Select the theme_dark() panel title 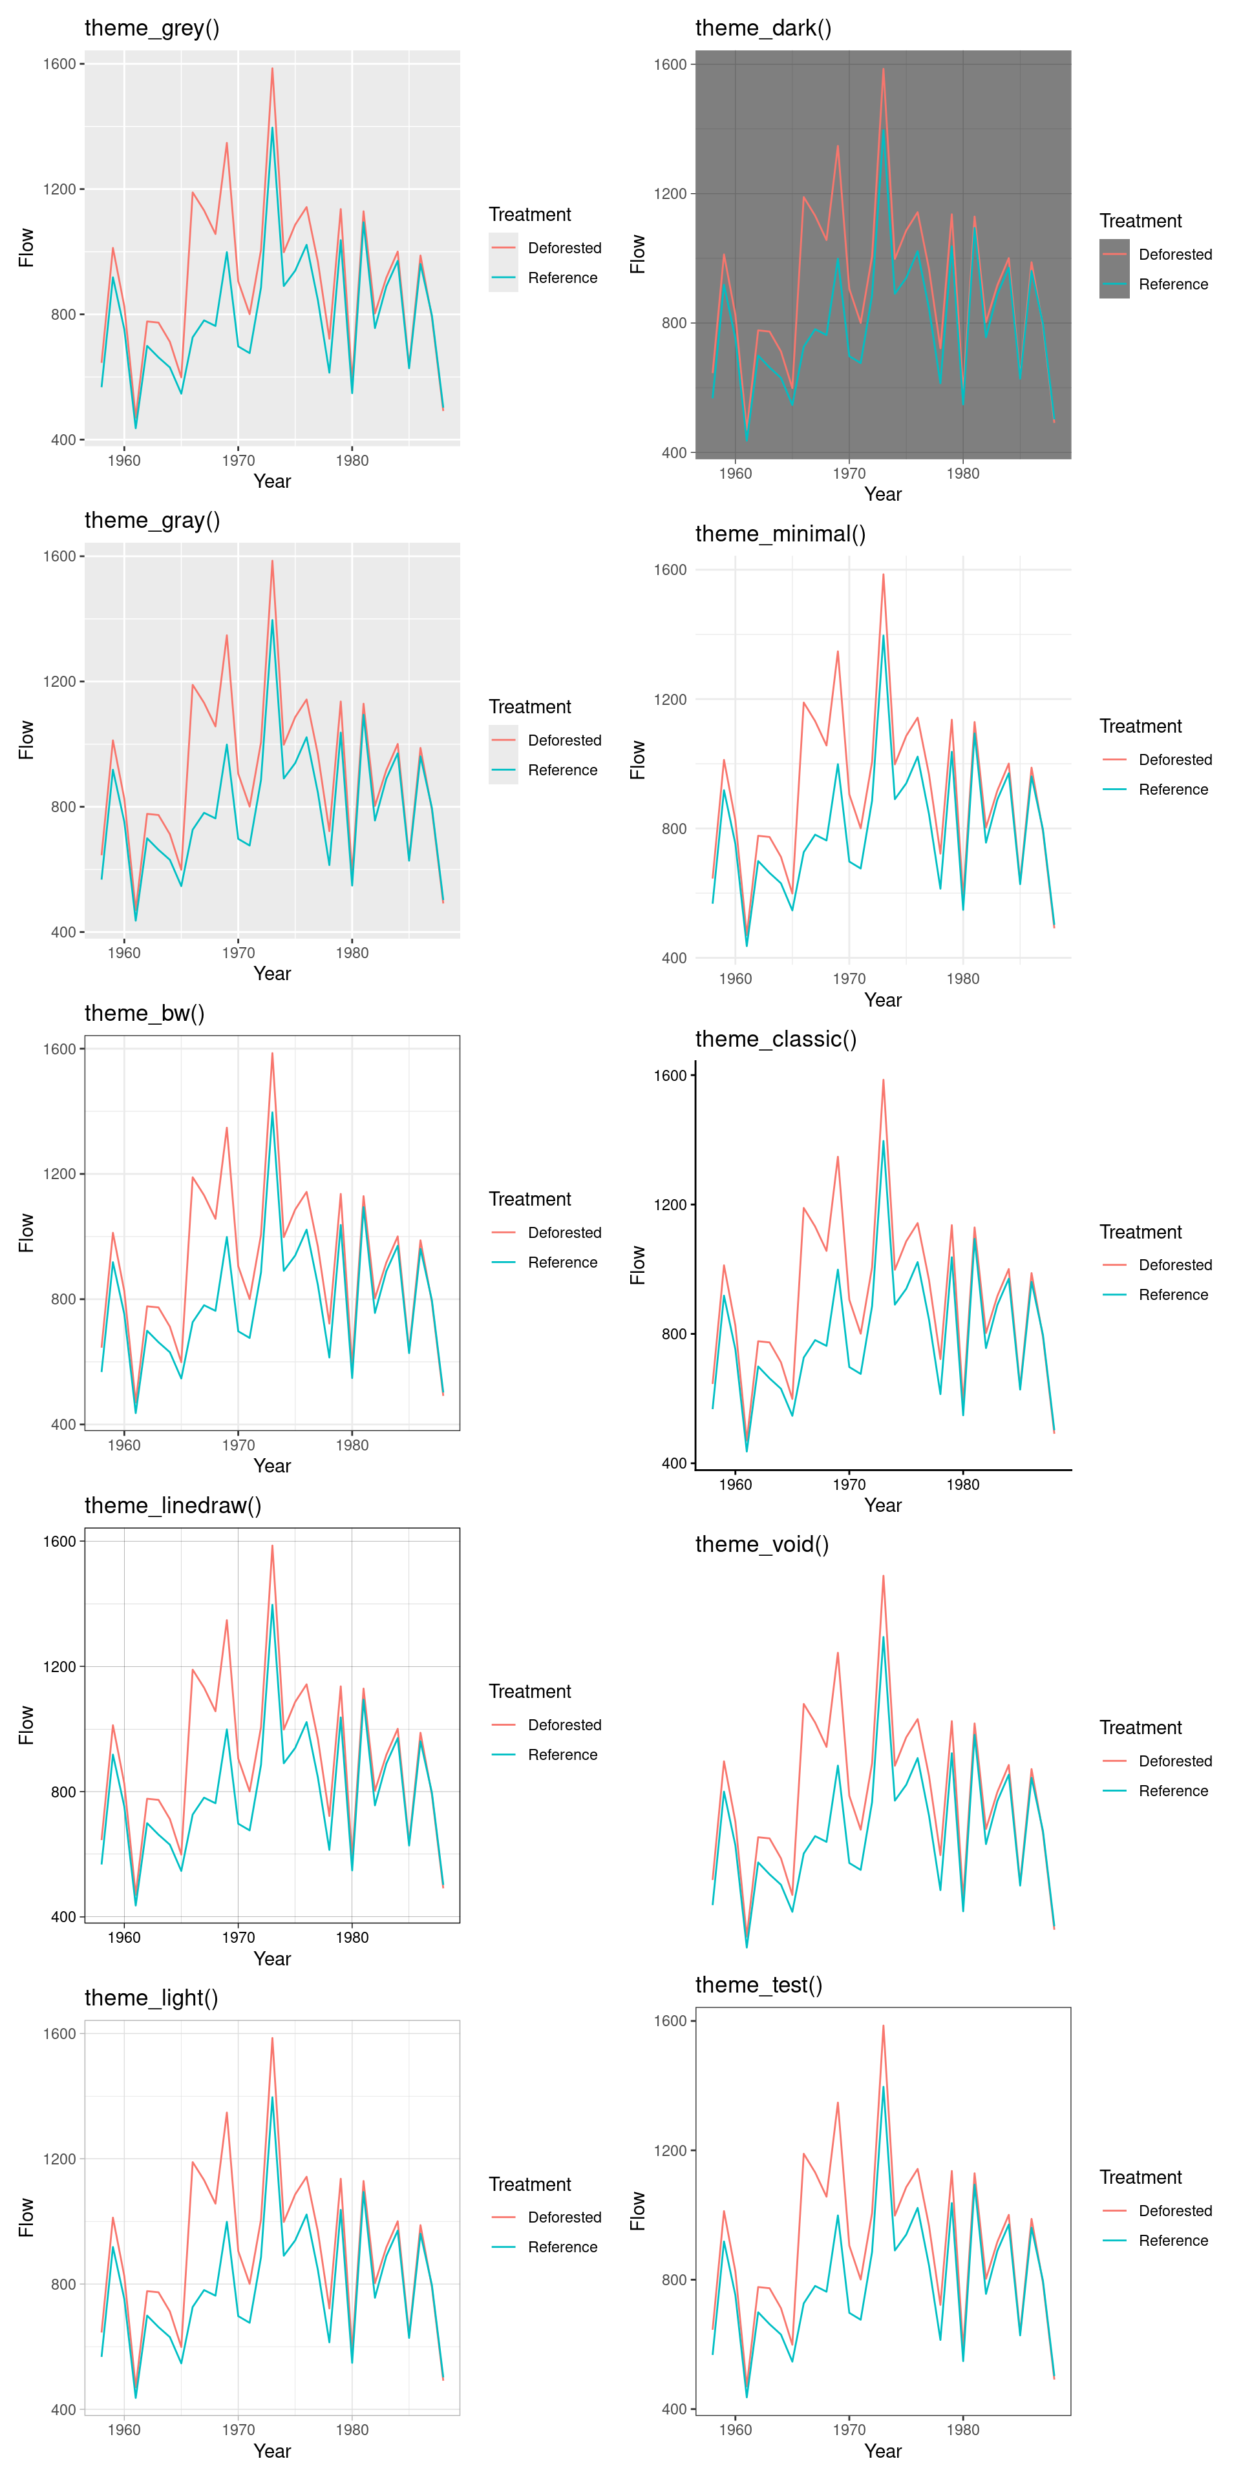click(763, 28)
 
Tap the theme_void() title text click(761, 1544)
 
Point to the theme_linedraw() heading click(173, 1505)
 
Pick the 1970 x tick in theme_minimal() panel click(849, 979)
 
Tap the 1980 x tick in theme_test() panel click(962, 2429)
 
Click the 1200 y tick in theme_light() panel click(59, 2159)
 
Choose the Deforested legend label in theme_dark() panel click(1174, 255)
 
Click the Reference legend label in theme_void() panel click(1172, 1790)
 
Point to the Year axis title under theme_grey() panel click(271, 481)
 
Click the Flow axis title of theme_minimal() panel click(637, 759)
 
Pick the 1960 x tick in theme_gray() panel click(124, 952)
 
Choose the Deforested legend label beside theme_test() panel click(1174, 2210)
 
